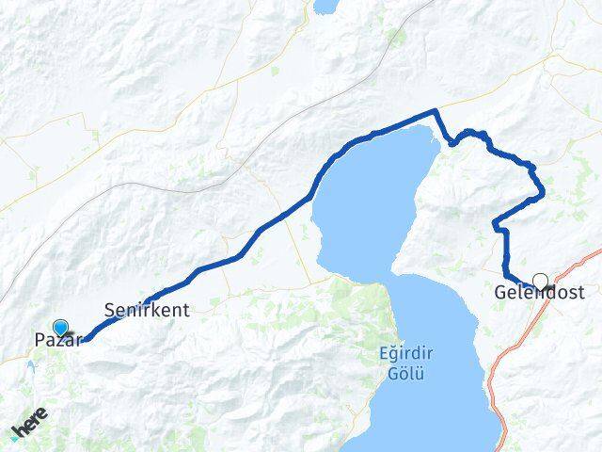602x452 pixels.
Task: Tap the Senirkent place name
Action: click(148, 309)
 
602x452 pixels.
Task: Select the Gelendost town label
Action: click(538, 294)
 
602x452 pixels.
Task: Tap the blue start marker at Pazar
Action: click(61, 328)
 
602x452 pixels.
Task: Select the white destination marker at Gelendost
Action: click(540, 280)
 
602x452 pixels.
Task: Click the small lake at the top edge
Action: click(326, 6)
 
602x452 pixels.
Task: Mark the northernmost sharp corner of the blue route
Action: click(434, 111)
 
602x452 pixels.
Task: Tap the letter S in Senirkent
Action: click(109, 309)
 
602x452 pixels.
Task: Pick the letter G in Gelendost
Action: click(499, 294)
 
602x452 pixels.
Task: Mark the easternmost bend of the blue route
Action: click(543, 196)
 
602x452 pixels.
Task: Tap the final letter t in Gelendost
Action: click(579, 294)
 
